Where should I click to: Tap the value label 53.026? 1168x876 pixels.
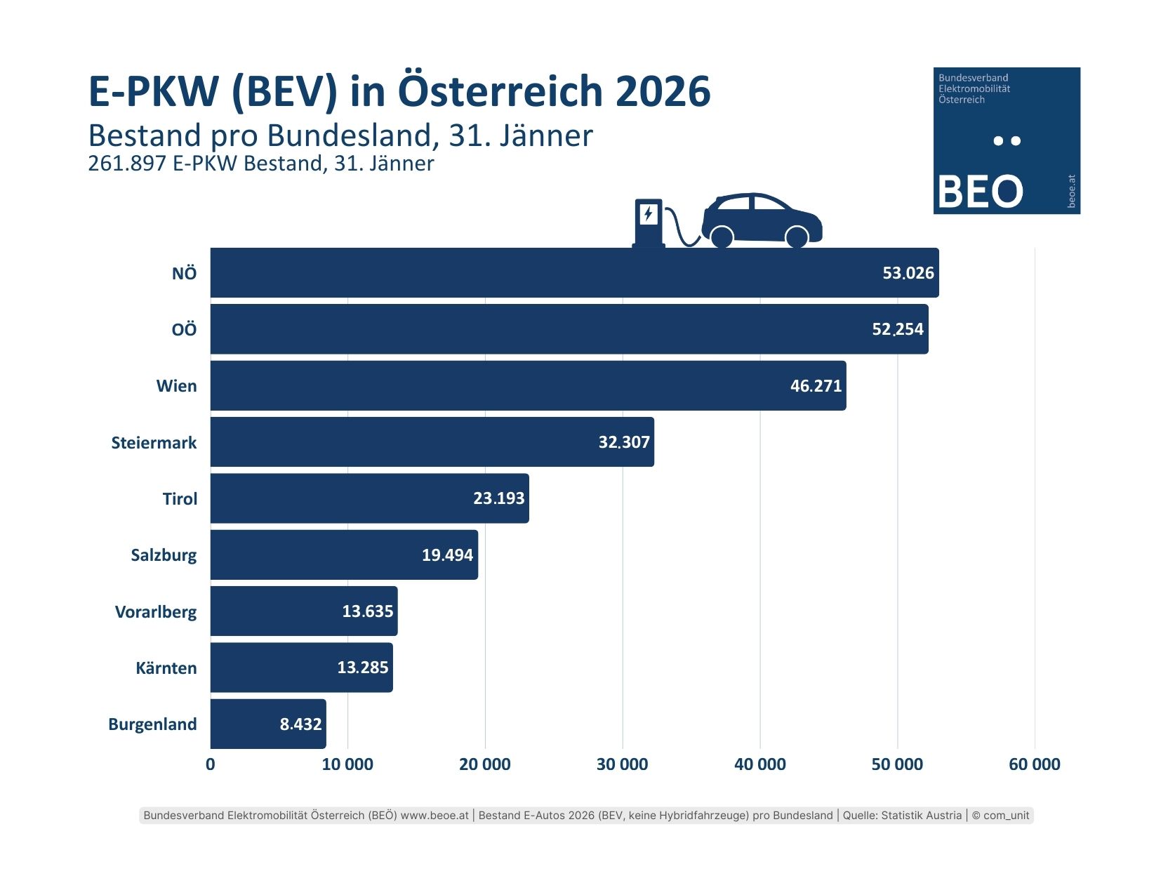[908, 273]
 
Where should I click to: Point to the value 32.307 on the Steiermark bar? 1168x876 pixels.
[624, 442]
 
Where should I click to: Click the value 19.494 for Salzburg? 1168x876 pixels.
[447, 555]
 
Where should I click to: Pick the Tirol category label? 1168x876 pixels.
[180, 499]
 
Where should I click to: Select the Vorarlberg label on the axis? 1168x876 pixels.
[156, 612]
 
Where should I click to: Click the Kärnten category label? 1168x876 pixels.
[166, 668]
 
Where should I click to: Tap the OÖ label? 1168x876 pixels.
[184, 330]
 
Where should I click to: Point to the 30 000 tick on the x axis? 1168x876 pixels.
[622, 764]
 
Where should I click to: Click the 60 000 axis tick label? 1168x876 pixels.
[1034, 764]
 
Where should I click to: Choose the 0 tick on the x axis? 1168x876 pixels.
[211, 764]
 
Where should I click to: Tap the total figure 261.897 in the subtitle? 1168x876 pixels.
[126, 164]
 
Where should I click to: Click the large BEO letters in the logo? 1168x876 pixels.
[980, 192]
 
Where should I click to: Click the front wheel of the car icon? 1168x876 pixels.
[797, 237]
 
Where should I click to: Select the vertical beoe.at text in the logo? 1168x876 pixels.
[1071, 191]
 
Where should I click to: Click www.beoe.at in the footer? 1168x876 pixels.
[434, 815]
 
